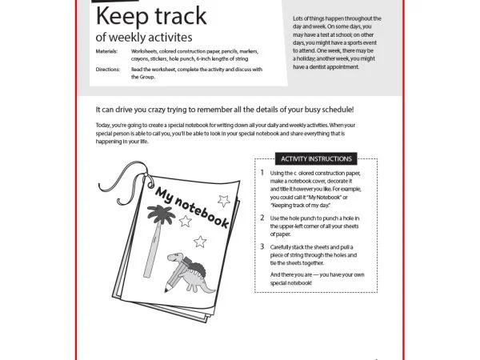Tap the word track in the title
point(177,16)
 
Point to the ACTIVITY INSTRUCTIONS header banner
point(316,158)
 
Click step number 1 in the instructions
point(262,173)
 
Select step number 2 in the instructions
point(262,218)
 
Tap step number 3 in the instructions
point(262,247)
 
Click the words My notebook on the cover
point(193,209)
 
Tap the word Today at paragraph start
point(104,126)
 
